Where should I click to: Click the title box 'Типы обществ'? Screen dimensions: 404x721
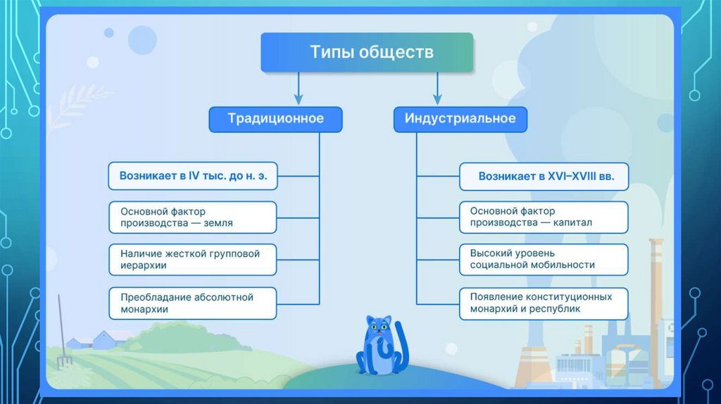367,52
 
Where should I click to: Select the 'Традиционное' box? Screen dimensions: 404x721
275,119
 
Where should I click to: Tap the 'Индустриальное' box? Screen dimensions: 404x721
460,119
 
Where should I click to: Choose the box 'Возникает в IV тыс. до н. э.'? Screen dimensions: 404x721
193,176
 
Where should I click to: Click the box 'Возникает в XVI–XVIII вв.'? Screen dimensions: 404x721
544,177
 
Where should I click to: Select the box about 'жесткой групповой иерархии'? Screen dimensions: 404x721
193,259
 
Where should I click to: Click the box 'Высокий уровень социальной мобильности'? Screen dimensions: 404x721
544,258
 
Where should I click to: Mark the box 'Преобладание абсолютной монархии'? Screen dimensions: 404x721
193,303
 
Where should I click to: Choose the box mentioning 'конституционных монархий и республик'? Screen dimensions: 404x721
544,303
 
